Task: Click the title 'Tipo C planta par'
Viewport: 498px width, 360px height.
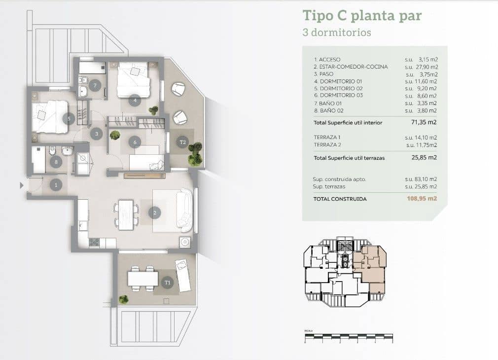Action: click(x=362, y=15)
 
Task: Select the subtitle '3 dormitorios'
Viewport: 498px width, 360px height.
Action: click(x=336, y=33)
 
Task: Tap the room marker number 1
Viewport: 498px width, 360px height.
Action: click(x=56, y=185)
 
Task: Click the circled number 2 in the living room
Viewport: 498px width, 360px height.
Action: click(x=154, y=213)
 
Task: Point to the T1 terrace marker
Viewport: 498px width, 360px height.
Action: click(x=168, y=283)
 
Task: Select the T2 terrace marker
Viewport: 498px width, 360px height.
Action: click(x=182, y=142)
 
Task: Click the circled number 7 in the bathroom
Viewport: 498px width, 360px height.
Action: click(x=95, y=84)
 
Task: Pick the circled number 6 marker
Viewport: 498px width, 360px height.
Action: click(x=135, y=142)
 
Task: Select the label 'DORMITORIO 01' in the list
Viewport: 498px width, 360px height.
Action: click(x=334, y=81)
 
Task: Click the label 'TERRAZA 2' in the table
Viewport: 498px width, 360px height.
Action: click(x=327, y=145)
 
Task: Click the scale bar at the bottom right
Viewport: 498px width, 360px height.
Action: click(x=349, y=338)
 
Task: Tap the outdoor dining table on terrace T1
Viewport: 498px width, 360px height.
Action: click(x=142, y=279)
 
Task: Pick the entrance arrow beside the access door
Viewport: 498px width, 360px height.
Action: click(x=21, y=185)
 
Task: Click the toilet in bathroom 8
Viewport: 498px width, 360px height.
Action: click(x=52, y=150)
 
